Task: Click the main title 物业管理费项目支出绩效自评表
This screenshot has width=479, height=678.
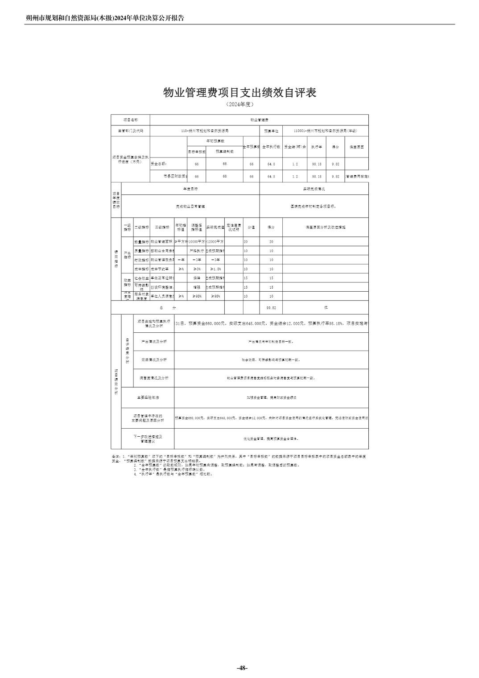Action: (x=239, y=92)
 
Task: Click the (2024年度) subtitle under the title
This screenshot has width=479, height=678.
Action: (x=239, y=104)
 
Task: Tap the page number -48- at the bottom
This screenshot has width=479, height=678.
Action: (x=242, y=668)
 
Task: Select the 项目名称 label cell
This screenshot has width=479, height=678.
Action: (x=130, y=120)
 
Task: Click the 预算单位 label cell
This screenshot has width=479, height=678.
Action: (x=271, y=131)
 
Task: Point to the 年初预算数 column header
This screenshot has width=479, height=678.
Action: (x=215, y=141)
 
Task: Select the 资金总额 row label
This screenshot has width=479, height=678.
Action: (x=159, y=164)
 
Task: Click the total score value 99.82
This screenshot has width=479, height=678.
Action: (x=271, y=308)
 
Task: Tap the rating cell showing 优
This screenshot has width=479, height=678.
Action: (x=326, y=308)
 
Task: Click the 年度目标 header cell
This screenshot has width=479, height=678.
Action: (x=190, y=189)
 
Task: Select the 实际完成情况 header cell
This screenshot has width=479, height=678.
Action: (x=314, y=189)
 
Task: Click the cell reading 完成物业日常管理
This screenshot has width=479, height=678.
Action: (x=190, y=207)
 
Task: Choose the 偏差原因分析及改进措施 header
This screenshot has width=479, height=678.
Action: (x=326, y=227)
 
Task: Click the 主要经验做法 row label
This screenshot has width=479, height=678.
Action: (x=148, y=397)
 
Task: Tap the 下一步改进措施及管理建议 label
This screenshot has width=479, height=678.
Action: (x=148, y=439)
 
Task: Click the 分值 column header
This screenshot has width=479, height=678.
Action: (x=251, y=227)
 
